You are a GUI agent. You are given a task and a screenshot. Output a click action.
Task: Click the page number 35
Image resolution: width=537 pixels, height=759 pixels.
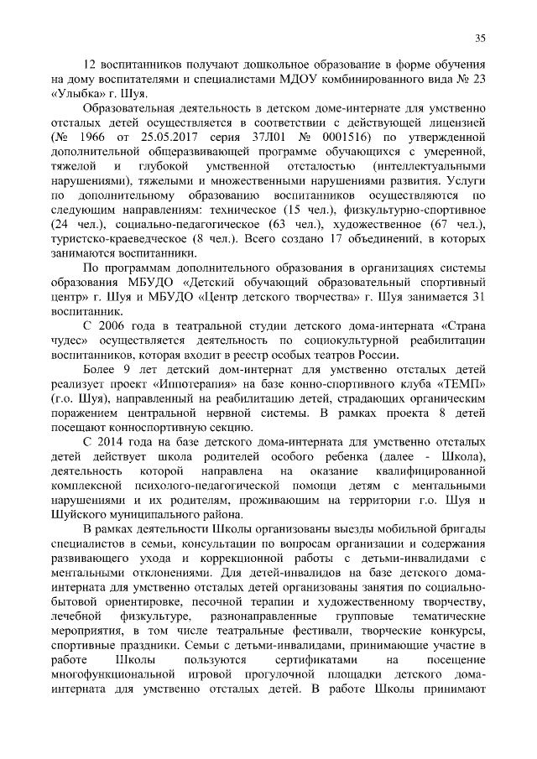(481, 37)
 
